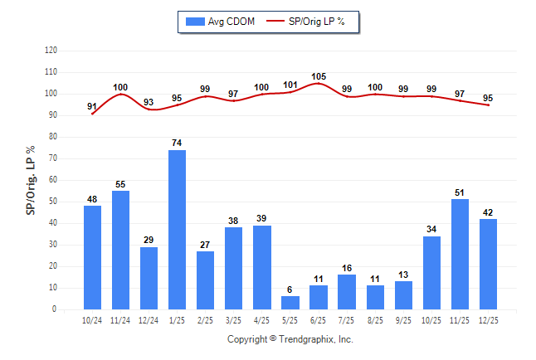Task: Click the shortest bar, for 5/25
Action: click(x=290, y=303)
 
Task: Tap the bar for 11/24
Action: click(x=120, y=250)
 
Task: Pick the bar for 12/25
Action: click(x=488, y=264)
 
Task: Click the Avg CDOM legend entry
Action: click(x=220, y=22)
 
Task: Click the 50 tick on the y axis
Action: click(x=52, y=202)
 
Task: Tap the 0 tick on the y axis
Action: click(x=55, y=309)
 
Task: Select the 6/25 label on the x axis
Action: click(x=319, y=320)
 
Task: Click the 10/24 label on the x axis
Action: click(x=92, y=320)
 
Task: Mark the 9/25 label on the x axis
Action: click(x=403, y=320)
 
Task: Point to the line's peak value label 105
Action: click(x=319, y=76)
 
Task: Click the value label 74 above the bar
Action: click(x=177, y=144)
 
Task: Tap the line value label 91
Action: click(x=91, y=106)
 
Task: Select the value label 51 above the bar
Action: click(x=460, y=192)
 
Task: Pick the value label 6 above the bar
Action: click(x=290, y=289)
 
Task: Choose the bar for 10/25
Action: click(x=431, y=273)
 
